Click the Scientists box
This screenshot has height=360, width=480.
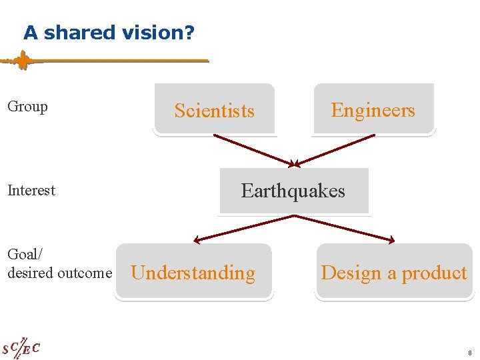[x=214, y=110]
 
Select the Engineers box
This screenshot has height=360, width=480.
[x=373, y=109]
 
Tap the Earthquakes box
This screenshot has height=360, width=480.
[x=293, y=191]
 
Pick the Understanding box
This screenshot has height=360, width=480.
[x=193, y=272]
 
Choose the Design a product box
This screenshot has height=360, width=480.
[x=393, y=272]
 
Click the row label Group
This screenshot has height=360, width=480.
[x=27, y=107]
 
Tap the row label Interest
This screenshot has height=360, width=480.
[x=31, y=190]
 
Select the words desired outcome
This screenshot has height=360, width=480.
[x=59, y=273]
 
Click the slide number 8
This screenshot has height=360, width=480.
[x=470, y=353]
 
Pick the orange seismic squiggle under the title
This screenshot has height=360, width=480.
[x=23, y=61]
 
